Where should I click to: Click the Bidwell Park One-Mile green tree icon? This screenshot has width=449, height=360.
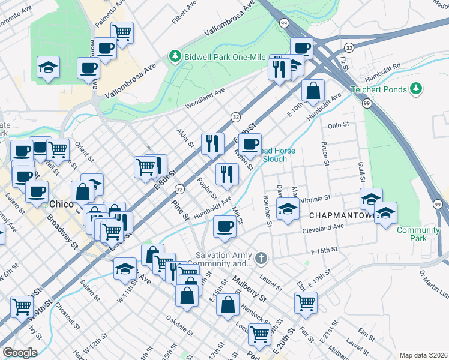pos(175,56)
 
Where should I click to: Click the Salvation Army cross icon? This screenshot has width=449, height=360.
pos(261,258)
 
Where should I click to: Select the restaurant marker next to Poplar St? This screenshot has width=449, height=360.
pos(227,174)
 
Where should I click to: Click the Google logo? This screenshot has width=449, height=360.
pos(20,352)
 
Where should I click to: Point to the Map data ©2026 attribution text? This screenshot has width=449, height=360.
pos(423,355)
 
